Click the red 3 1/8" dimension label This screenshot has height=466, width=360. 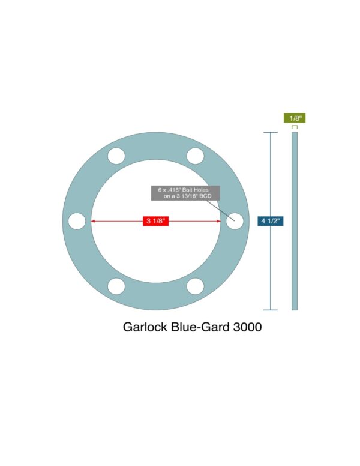point(155,222)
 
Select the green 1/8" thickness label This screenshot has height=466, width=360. point(295,118)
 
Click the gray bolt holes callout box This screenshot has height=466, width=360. point(185,193)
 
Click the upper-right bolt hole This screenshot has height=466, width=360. point(195,156)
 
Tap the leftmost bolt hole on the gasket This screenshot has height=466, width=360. point(77,221)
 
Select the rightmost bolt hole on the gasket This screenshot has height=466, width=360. point(234,221)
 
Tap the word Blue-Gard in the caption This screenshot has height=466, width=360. point(200,328)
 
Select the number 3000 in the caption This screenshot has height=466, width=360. point(246,328)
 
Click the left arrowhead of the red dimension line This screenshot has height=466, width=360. point(93,222)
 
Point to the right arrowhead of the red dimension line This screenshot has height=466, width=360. point(218,222)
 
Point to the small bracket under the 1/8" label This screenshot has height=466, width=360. point(295,127)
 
